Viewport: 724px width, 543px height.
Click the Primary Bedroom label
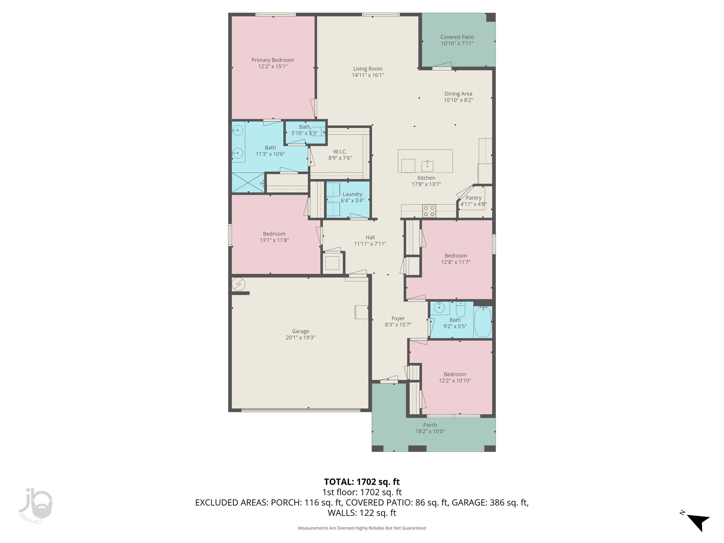(x=273, y=60)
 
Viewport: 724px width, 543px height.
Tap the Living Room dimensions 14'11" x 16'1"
(x=368, y=75)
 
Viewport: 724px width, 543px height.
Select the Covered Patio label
(x=457, y=37)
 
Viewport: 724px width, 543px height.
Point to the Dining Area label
(x=458, y=94)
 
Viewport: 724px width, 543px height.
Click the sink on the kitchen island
(x=427, y=165)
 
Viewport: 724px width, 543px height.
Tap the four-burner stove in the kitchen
(x=429, y=211)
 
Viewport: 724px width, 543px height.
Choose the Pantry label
(x=473, y=198)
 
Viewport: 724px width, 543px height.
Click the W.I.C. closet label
(x=340, y=152)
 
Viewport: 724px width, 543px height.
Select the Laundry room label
(x=352, y=194)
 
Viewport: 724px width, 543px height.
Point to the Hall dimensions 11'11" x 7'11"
(x=370, y=244)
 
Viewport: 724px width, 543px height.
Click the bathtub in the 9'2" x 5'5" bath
(x=482, y=322)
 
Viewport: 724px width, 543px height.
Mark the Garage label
(x=300, y=331)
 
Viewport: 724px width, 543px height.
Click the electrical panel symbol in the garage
(x=238, y=284)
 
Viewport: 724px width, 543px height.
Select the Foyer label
(x=398, y=318)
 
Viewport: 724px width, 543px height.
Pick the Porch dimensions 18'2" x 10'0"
(x=430, y=431)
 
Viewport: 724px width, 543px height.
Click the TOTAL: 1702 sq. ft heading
(x=362, y=481)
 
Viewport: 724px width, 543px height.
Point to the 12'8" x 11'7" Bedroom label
(x=456, y=256)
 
